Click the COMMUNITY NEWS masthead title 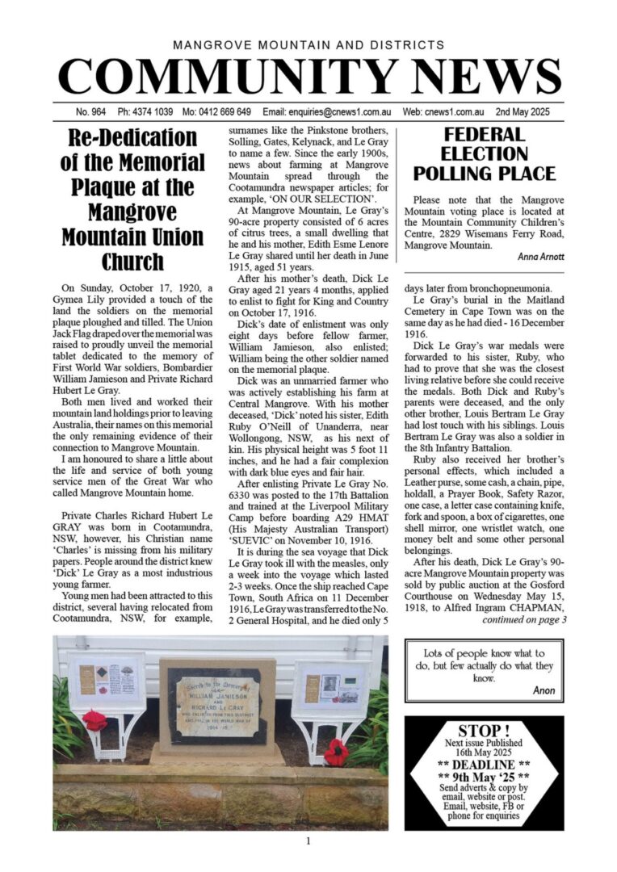point(308,77)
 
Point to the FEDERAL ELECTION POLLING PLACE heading point(485,153)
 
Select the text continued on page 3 point(524,620)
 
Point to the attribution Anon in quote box point(544,690)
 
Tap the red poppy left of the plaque point(94,720)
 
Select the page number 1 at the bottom point(308,841)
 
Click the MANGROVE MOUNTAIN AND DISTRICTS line point(308,45)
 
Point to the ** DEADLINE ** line point(484,764)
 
